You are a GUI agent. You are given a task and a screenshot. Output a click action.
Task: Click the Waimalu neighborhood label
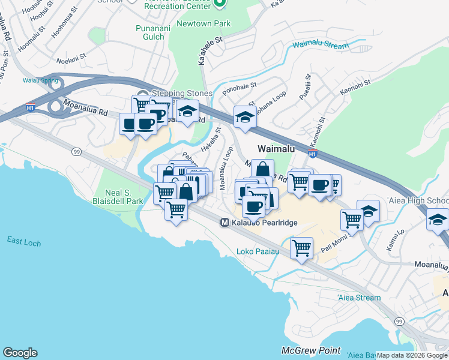[279, 148]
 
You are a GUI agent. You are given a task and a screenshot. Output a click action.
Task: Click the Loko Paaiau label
[258, 251]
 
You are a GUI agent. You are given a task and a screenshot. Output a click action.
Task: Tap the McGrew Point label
[311, 350]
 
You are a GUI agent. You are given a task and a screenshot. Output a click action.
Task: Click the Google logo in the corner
[20, 353]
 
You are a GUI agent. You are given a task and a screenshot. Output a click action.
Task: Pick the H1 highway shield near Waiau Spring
[30, 108]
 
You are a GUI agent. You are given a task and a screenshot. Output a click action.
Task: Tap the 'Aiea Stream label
[358, 298]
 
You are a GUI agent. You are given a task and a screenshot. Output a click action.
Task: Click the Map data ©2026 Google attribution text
[412, 355]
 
